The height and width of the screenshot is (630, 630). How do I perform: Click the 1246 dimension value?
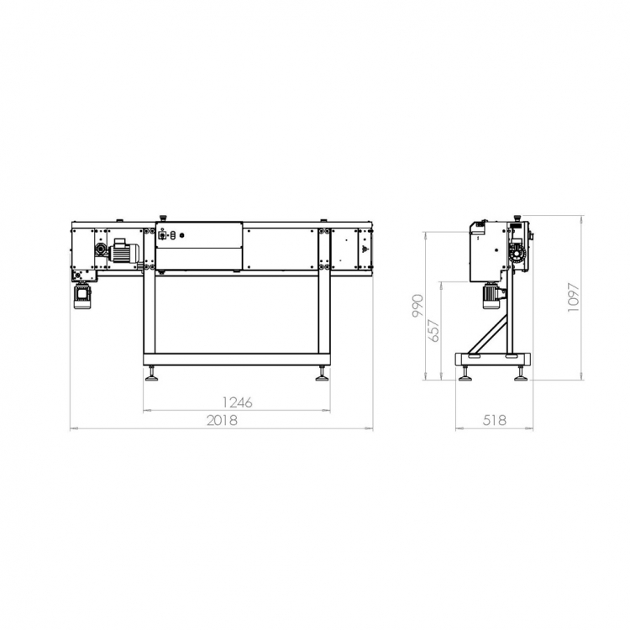point(238,402)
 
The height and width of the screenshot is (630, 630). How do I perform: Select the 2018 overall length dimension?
point(222,420)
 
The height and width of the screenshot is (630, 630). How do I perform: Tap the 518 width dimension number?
point(494,420)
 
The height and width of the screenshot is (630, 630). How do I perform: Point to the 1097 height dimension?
point(574,297)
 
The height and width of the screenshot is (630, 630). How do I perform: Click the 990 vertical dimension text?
point(417,306)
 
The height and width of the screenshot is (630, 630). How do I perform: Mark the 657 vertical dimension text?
point(434,330)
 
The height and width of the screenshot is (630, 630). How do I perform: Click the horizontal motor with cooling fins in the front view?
point(124,251)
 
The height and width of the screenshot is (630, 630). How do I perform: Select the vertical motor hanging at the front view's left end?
point(82,296)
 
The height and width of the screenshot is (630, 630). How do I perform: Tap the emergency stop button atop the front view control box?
point(163,218)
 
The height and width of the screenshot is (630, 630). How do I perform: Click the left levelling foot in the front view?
point(152,374)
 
